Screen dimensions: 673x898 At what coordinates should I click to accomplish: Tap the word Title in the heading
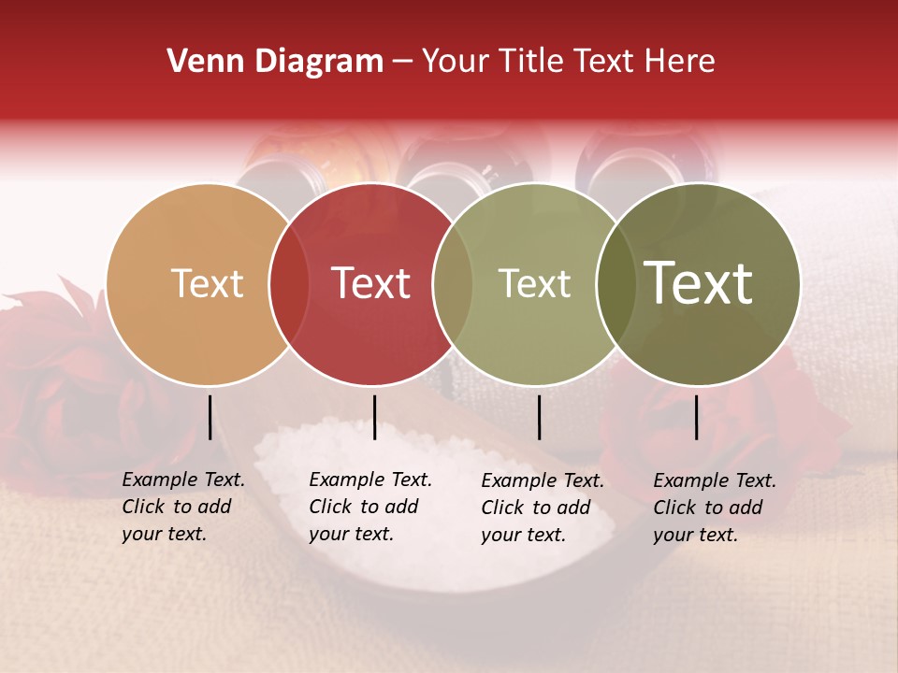(529, 62)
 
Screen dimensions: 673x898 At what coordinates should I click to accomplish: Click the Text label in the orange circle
(207, 284)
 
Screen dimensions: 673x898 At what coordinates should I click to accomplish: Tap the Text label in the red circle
(370, 284)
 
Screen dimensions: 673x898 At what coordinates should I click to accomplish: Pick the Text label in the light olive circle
(534, 284)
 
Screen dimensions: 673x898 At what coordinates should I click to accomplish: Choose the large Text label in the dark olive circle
(699, 284)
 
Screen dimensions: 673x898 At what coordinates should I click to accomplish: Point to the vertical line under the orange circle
(210, 417)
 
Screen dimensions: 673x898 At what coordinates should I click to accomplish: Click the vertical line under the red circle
(374, 417)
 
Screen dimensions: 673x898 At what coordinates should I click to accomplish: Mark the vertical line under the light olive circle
(539, 417)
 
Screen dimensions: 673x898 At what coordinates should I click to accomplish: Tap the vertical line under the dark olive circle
(697, 417)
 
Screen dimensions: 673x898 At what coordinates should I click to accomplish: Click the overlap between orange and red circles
(289, 284)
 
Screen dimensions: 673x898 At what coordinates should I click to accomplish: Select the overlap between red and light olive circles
(453, 284)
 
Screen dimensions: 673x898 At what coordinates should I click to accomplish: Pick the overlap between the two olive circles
(616, 284)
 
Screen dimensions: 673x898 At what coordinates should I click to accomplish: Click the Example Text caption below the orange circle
(183, 507)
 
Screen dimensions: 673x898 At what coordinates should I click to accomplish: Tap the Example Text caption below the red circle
(370, 507)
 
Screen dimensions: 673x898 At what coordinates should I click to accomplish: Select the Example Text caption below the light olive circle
(543, 508)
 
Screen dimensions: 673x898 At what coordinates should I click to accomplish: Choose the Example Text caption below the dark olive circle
(715, 508)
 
